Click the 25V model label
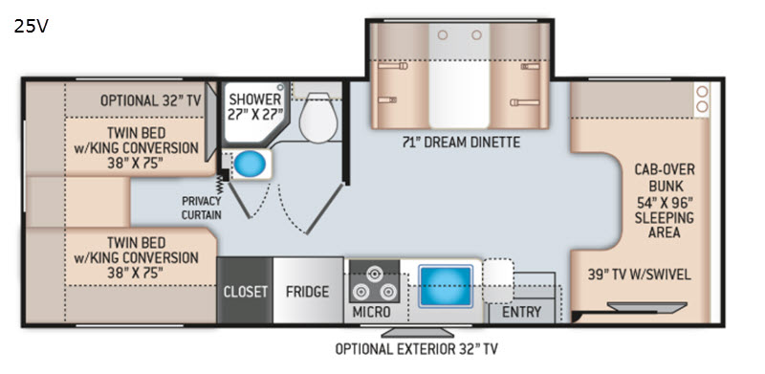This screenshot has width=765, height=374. [32, 27]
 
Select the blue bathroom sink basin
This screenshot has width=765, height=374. [250, 165]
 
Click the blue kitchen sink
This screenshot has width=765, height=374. [446, 286]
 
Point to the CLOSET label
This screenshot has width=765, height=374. [246, 292]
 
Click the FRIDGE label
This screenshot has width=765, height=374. [307, 292]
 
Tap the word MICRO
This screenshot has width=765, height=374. [372, 312]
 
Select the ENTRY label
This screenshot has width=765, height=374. [521, 312]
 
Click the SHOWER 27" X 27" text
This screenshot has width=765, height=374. [255, 107]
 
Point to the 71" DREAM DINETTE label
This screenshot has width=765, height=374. [462, 143]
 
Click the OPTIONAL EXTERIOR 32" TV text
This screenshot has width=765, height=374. [416, 349]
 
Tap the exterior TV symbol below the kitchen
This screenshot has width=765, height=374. [417, 332]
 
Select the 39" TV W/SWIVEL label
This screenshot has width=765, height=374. [639, 275]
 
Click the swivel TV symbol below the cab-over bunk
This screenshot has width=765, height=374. [647, 307]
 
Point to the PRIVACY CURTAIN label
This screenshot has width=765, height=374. [202, 208]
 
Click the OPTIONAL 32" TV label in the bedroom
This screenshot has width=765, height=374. [151, 100]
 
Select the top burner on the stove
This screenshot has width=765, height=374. [374, 274]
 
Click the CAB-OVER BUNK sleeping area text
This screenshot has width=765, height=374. [665, 201]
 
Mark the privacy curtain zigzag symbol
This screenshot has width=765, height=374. [220, 186]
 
